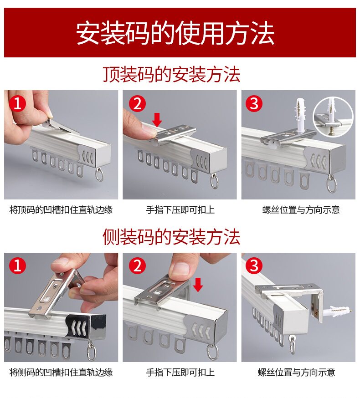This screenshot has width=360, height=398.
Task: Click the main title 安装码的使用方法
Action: coord(175,33)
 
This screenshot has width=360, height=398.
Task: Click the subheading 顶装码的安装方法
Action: coord(171,74)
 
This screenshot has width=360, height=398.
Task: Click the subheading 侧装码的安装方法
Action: coord(171,237)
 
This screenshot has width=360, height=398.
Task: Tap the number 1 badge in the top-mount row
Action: coord(17,104)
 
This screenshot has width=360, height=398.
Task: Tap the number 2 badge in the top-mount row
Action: coord(137,104)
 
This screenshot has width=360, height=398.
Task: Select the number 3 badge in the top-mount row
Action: coord(254,104)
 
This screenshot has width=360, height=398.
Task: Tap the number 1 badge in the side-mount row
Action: coord(17,266)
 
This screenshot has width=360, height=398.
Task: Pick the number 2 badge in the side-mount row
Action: coord(137,266)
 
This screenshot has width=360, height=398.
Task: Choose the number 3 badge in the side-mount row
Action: coord(254,266)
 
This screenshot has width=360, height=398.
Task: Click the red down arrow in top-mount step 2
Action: coord(157,120)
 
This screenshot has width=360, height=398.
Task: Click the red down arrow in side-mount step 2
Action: coord(198,285)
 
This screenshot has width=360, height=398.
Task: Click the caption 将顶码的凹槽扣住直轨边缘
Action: coord(61,210)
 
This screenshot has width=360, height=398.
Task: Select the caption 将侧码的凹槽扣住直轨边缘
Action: coord(61,372)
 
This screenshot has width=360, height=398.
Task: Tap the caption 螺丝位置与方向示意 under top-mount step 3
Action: coord(301,210)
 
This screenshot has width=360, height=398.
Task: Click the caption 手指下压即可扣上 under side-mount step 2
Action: coord(180,372)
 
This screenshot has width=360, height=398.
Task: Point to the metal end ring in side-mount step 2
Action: coord(212,352)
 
